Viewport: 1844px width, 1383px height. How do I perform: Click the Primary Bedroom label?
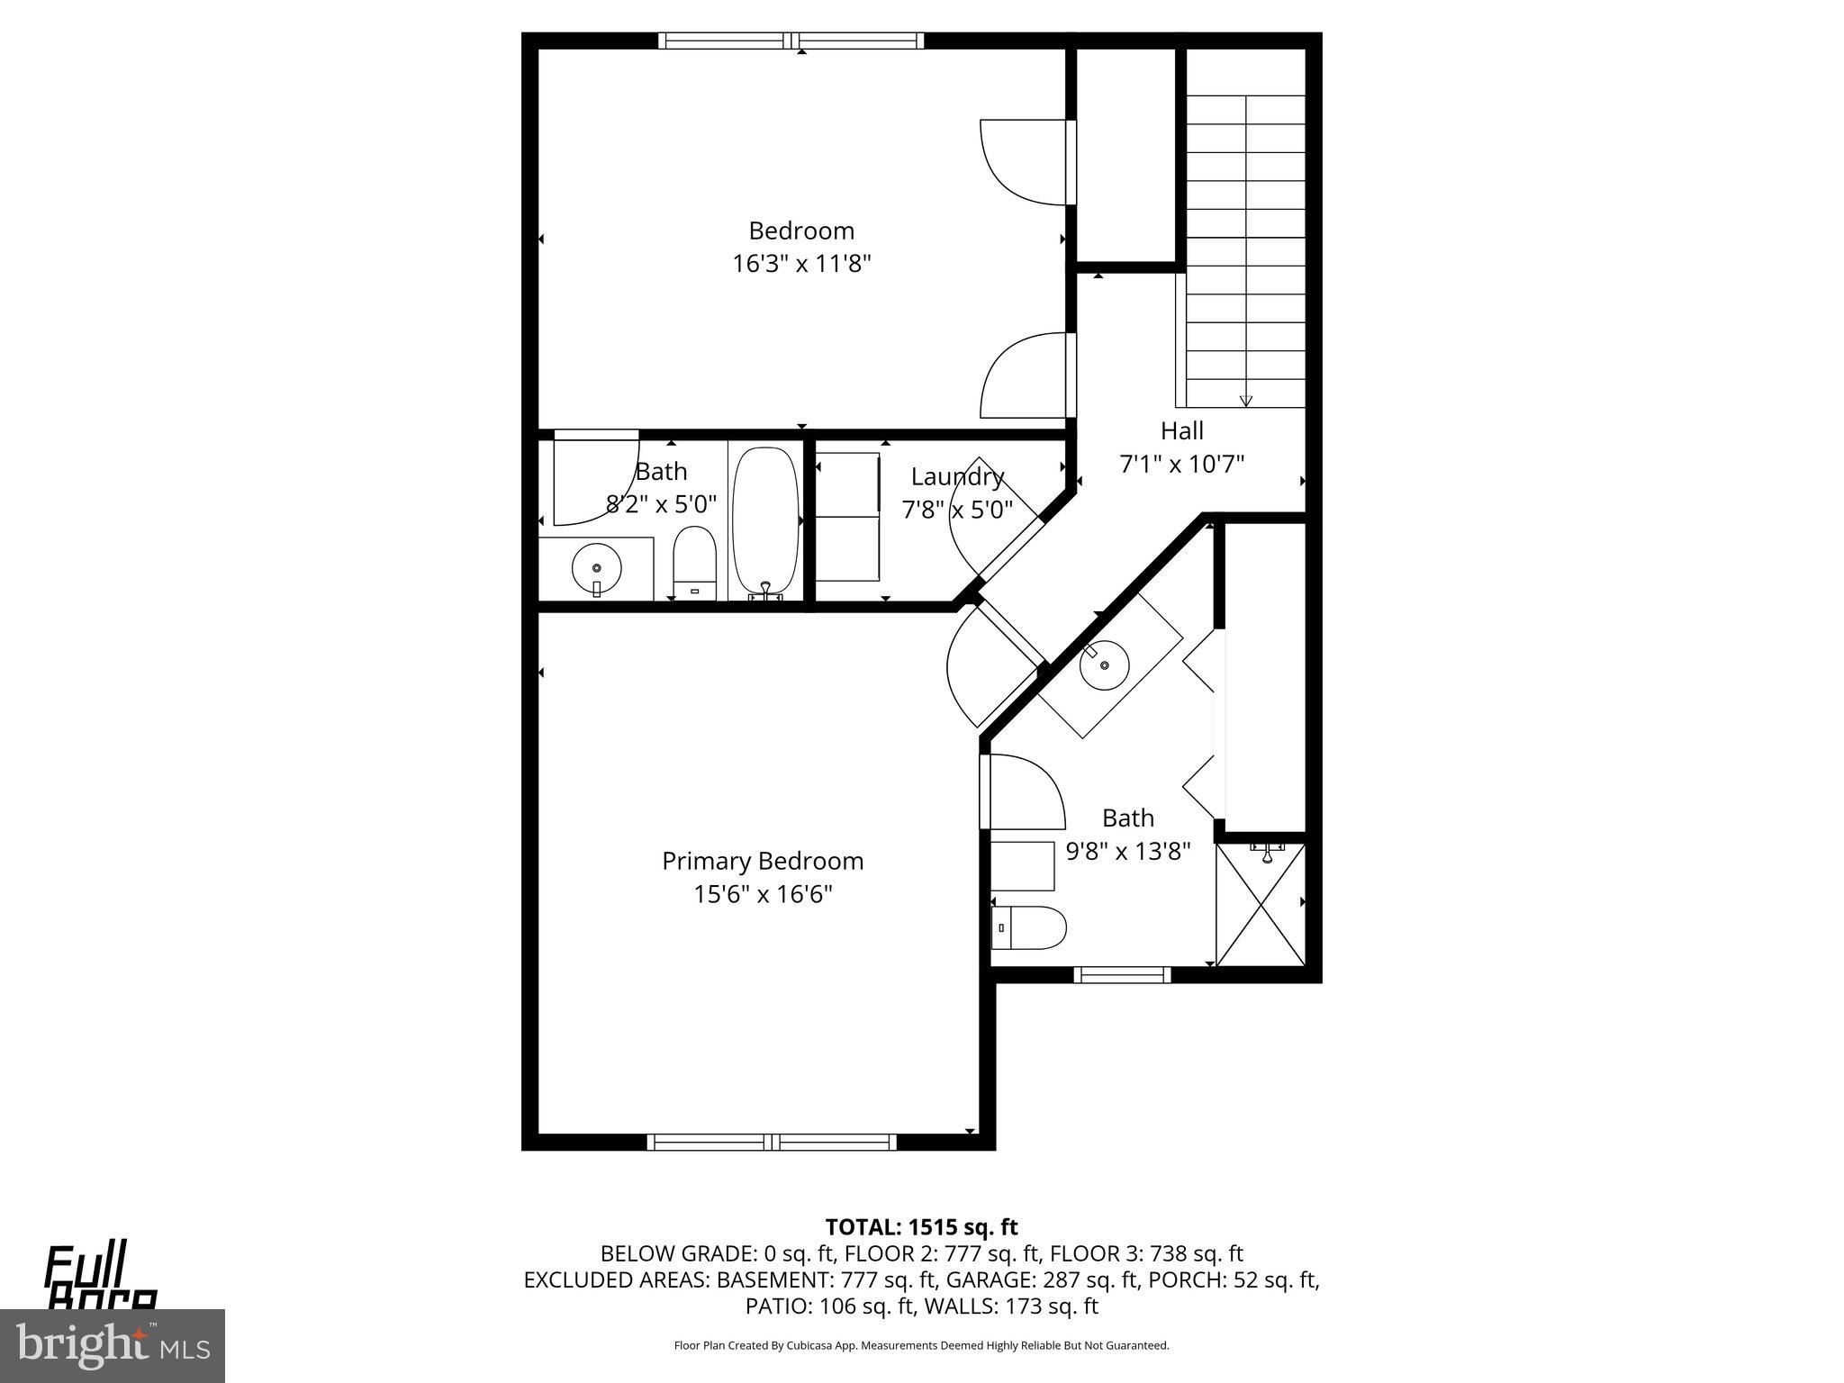click(x=763, y=861)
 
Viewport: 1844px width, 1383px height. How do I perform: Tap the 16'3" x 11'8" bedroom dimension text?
click(x=801, y=264)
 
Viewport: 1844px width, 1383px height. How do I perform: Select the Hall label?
click(x=1181, y=430)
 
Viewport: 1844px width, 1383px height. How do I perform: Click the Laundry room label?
click(x=957, y=476)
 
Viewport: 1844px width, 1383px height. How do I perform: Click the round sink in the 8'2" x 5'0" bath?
click(x=597, y=568)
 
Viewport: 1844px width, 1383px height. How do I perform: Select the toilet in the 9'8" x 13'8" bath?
click(x=1030, y=927)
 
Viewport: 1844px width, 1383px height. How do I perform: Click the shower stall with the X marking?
click(x=1260, y=904)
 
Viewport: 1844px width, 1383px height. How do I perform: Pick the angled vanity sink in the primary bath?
click(x=1105, y=666)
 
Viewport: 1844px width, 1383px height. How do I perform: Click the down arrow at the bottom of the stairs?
click(x=1246, y=401)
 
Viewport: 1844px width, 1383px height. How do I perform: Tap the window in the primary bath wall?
click(x=1122, y=974)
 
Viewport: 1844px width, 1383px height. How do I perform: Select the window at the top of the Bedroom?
click(x=791, y=41)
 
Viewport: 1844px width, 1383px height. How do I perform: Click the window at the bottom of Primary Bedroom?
click(x=772, y=1143)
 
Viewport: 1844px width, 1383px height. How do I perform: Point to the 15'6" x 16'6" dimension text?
click(x=763, y=894)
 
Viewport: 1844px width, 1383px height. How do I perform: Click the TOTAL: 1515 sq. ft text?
click(x=921, y=1226)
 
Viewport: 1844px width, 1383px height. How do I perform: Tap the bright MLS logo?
click(x=112, y=1345)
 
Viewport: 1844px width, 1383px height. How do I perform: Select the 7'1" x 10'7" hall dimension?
click(x=1181, y=464)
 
